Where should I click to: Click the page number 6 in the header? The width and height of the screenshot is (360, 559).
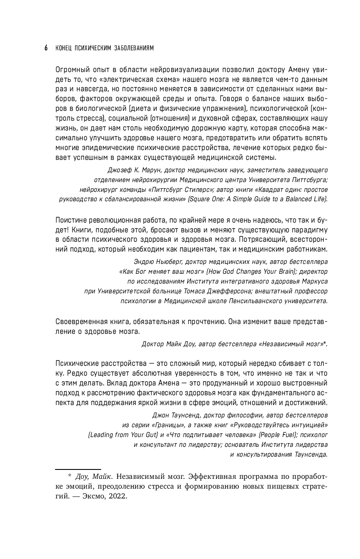[46, 48]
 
